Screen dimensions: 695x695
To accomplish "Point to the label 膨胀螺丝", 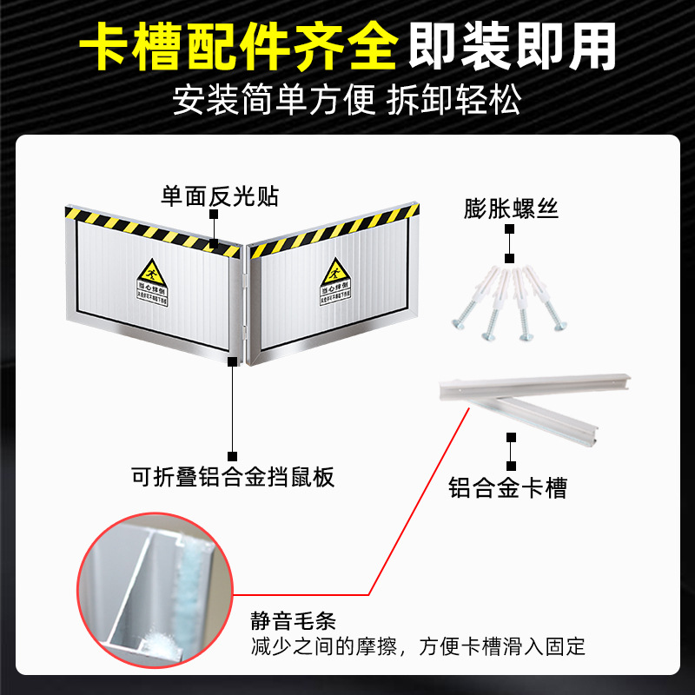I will pyautogui.click(x=511, y=208).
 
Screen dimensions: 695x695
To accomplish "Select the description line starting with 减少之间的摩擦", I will pyautogui.click(x=418, y=646).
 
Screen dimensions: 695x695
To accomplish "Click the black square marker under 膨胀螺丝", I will pyautogui.click(x=511, y=259).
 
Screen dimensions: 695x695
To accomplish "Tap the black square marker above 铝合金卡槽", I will pyautogui.click(x=511, y=440).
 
